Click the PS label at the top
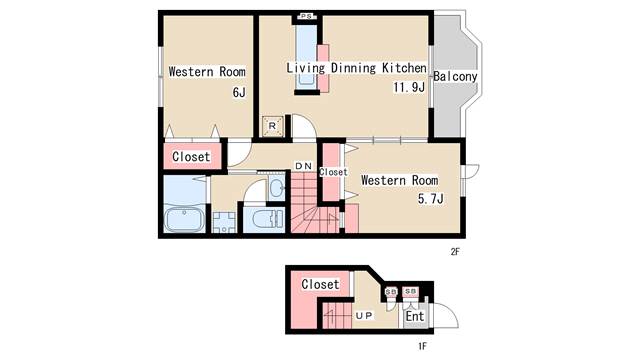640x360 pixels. (307, 16)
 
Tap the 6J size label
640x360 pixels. (239, 93)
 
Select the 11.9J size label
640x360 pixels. (409, 87)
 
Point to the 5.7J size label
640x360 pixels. (431, 199)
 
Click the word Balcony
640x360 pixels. (455, 76)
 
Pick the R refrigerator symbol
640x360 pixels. (273, 126)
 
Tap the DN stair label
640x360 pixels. (304, 166)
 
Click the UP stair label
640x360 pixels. (364, 316)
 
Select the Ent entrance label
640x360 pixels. (415, 316)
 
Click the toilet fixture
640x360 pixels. (268, 219)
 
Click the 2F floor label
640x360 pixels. (455, 252)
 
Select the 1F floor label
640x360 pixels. (422, 347)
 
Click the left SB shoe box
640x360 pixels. (391, 292)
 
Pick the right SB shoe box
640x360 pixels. (410, 291)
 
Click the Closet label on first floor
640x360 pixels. (320, 284)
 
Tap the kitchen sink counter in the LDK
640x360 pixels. (306, 57)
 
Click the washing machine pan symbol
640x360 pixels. (224, 222)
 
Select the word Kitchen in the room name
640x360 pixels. (404, 68)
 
